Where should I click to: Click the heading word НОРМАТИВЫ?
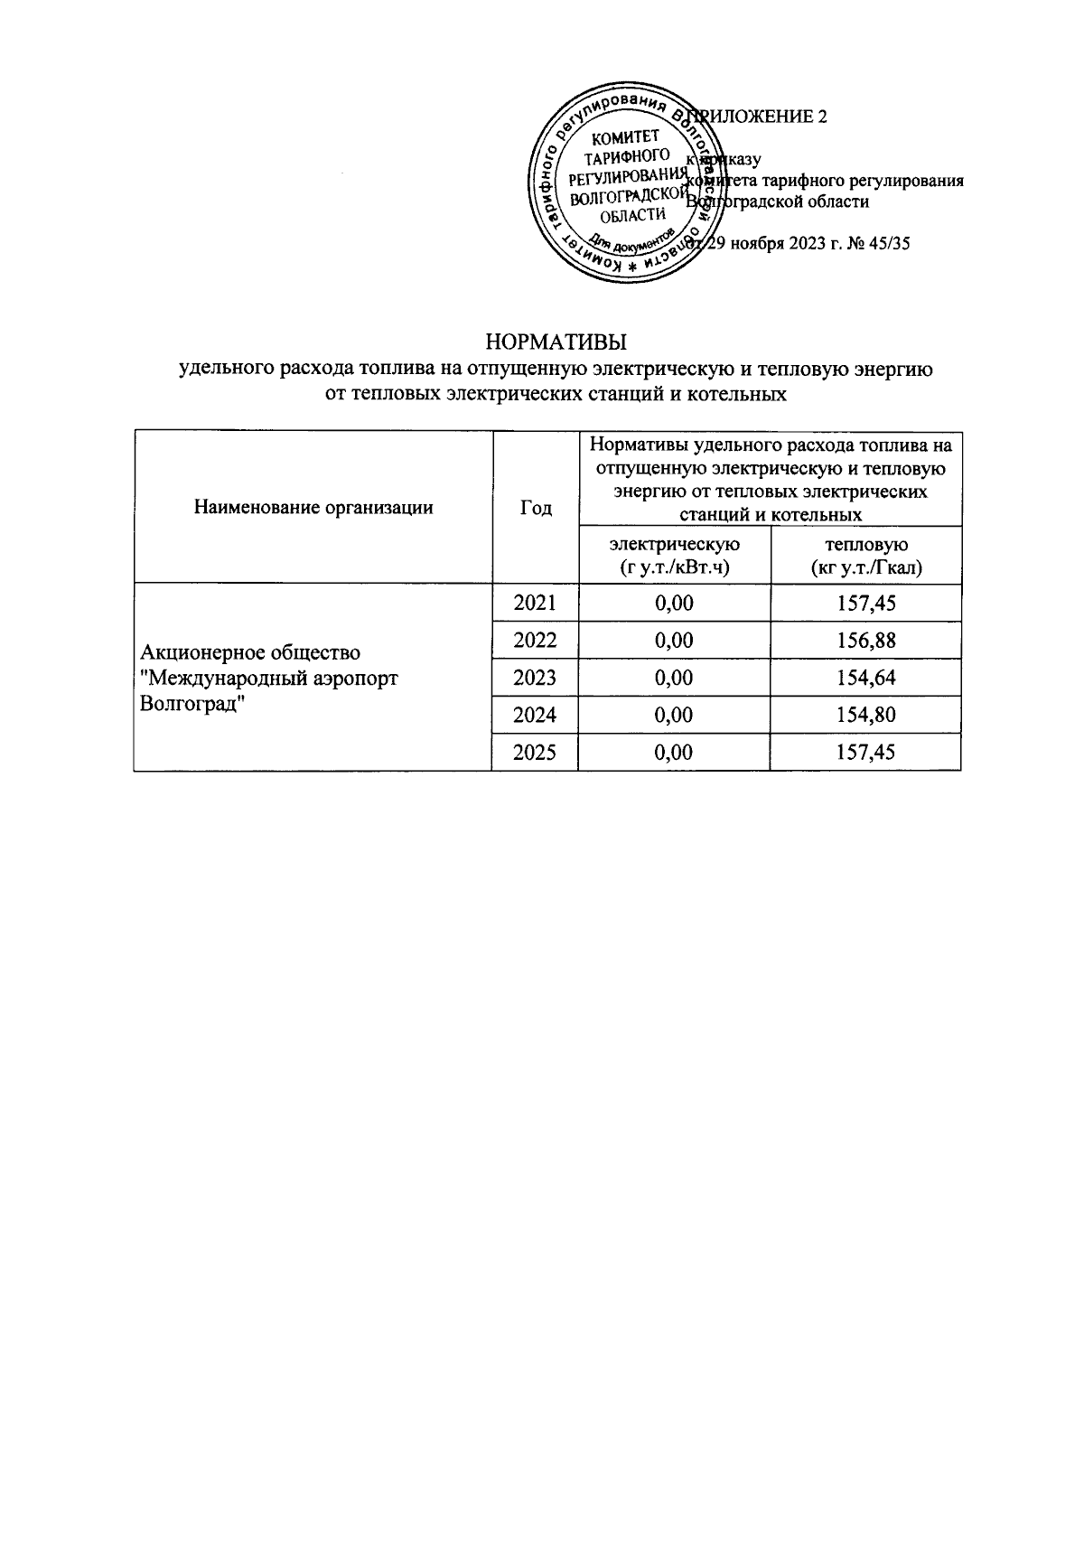tap(556, 343)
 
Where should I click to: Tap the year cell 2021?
tap(535, 603)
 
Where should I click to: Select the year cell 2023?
tap(535, 678)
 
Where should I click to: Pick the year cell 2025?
tap(535, 752)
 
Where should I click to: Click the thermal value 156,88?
tap(865, 641)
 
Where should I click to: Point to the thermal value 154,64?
tap(865, 678)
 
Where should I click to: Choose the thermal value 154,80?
tap(865, 715)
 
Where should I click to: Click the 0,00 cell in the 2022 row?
tap(674, 641)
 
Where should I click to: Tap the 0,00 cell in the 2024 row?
tap(674, 715)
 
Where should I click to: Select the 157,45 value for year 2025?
tap(865, 752)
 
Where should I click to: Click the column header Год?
tap(535, 508)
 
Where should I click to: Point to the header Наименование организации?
tap(313, 508)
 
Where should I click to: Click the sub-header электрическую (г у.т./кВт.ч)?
tap(674, 556)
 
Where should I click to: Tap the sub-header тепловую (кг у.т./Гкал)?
tap(865, 556)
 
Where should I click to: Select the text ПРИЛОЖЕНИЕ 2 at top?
tap(763, 117)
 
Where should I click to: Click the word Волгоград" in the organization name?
tap(195, 703)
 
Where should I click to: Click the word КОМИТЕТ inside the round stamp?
tap(625, 137)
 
